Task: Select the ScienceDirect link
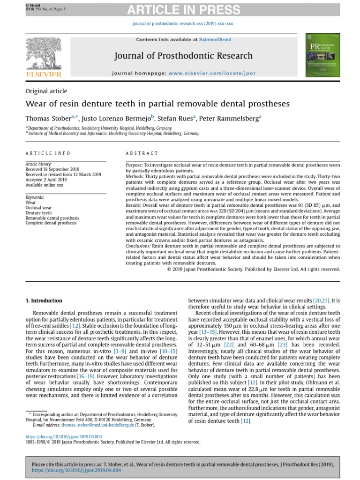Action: pos(215,40)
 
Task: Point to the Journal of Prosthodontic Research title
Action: pos(183,56)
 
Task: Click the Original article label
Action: pos(46,91)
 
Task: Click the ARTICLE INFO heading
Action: pos(48,153)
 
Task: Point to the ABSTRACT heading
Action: pos(142,153)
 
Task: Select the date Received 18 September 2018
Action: pos(52,169)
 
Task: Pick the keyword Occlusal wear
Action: pos(38,208)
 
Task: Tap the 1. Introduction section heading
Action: pos(43,300)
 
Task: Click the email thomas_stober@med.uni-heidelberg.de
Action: pos(94,425)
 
